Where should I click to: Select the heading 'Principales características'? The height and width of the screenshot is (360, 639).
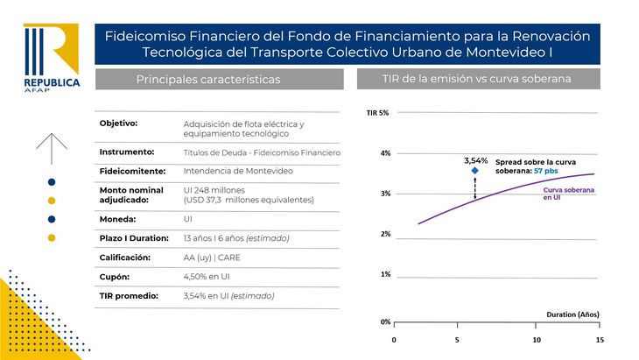[x=207, y=80]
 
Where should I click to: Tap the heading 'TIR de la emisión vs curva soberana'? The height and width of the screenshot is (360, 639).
[x=476, y=80]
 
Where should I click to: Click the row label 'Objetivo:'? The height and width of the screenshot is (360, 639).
[x=119, y=123]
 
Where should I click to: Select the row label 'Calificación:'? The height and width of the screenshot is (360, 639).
[x=125, y=258]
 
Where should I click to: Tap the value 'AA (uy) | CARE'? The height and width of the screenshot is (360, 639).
[x=214, y=258]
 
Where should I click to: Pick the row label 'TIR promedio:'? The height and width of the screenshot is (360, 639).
[x=129, y=295]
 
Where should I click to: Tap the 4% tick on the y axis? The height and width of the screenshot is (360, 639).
[x=385, y=153]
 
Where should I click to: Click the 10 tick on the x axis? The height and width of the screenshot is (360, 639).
[x=537, y=339]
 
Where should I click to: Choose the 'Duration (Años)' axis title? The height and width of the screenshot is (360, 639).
[x=572, y=314]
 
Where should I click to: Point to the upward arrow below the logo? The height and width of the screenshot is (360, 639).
[x=52, y=148]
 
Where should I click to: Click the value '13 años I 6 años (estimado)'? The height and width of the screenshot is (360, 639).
[x=236, y=238]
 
